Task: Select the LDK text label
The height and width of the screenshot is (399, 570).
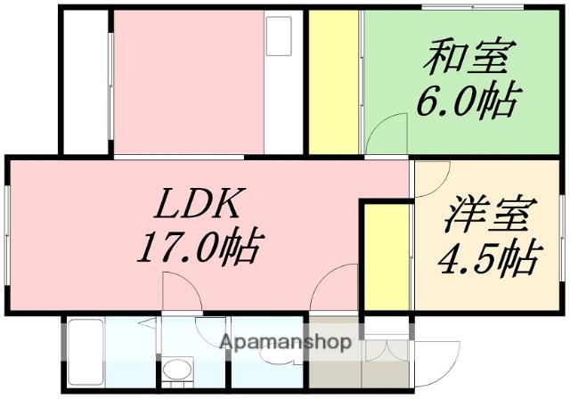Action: point(197,207)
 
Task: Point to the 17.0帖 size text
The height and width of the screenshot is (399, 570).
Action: point(197,246)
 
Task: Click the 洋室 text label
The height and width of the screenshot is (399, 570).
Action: point(489,217)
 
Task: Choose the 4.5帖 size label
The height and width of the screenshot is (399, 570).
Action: point(488,258)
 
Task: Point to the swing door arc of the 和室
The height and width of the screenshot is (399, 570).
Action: point(383,134)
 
